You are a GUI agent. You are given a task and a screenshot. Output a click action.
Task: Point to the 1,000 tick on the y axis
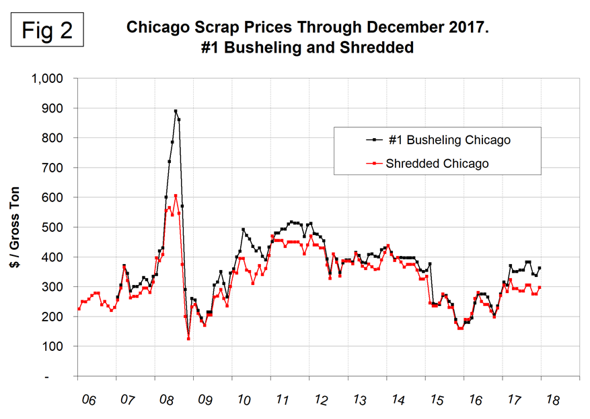coord(47,78)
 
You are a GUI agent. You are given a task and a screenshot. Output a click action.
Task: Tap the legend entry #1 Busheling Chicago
coord(449,140)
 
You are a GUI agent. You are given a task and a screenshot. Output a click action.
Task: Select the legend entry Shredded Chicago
coord(437,163)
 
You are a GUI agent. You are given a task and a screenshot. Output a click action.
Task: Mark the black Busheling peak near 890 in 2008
coord(176,111)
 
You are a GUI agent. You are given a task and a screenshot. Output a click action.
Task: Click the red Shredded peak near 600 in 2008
coord(176,196)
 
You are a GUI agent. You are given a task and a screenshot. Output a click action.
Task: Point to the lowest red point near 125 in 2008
coord(188,339)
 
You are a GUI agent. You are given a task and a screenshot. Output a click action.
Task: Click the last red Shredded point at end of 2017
coord(540,288)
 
